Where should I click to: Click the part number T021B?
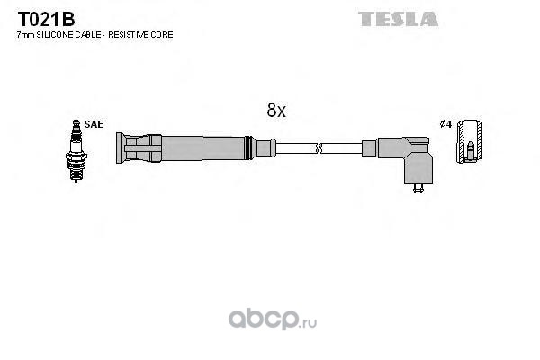[46, 19]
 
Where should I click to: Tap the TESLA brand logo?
[398, 19]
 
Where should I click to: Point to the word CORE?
[166, 35]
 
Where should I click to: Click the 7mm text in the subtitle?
[25, 35]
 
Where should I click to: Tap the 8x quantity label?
[276, 110]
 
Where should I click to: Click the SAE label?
[94, 124]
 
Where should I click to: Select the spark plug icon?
[76, 150]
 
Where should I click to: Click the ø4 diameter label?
[446, 124]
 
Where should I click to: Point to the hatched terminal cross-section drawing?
[469, 141]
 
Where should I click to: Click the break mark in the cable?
[319, 148]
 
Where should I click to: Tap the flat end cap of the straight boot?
[120, 148]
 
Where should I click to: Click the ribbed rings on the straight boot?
[249, 148]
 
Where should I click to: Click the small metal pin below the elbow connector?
[418, 188]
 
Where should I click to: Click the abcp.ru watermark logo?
[273, 319]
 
